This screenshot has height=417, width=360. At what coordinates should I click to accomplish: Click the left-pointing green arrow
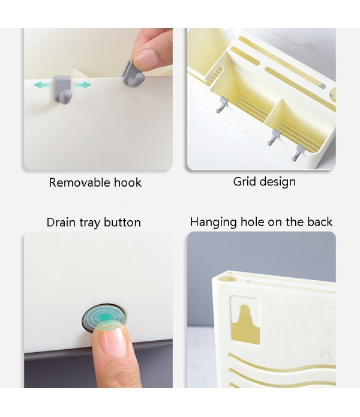click(x=42, y=85)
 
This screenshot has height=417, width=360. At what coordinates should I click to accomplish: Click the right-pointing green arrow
click(x=83, y=85)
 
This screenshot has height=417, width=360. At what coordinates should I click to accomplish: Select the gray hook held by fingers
click(x=132, y=76)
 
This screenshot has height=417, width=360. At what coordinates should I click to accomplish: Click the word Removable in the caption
click(x=79, y=183)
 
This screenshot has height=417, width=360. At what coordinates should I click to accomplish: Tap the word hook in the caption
click(x=128, y=183)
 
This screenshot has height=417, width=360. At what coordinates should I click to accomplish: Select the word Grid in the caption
click(x=245, y=182)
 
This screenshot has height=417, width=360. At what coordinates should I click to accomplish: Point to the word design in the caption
click(x=278, y=182)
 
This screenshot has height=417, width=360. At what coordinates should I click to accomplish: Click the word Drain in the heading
click(x=61, y=223)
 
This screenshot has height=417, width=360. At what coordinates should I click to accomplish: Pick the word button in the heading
click(x=122, y=223)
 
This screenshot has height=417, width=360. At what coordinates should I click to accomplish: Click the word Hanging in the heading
click(x=213, y=223)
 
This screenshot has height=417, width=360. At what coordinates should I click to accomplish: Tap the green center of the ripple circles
click(x=106, y=317)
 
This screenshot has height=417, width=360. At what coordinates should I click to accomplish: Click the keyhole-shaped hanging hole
click(x=245, y=325)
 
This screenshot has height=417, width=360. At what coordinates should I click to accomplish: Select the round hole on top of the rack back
click(x=231, y=280)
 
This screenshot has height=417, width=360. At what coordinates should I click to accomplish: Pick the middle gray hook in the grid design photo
click(x=274, y=137)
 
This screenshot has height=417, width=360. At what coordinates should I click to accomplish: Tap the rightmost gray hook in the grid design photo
click(x=298, y=153)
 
